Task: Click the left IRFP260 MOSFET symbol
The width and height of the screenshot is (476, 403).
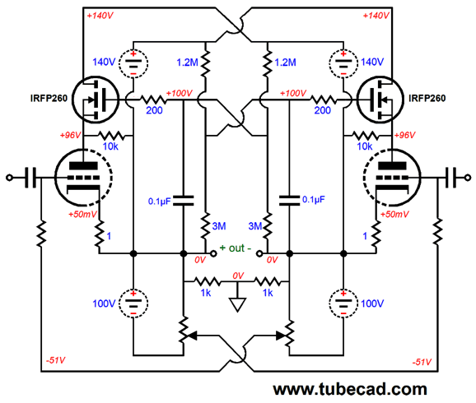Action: [96, 100]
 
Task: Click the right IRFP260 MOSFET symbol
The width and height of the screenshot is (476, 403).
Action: [380, 100]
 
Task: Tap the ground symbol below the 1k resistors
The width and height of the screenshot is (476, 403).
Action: [237, 304]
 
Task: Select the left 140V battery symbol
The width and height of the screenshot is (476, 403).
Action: [133, 63]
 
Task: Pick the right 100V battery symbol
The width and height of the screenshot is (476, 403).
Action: [343, 303]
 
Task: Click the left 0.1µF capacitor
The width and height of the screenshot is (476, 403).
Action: [184, 201]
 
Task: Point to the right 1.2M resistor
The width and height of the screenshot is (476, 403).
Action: [268, 64]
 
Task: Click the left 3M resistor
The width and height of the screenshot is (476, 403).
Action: [206, 226]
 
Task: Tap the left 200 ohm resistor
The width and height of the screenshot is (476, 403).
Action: [152, 100]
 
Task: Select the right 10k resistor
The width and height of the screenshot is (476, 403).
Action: [365, 136]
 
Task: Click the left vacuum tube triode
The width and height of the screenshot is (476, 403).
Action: [83, 178]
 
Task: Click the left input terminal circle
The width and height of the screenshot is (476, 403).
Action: [9, 178]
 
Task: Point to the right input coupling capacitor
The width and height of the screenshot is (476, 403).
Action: [450, 178]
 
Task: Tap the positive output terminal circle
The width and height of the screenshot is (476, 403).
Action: [213, 253]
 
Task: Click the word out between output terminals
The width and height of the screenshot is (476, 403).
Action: [237, 248]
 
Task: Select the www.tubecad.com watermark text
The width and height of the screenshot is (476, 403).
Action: [350, 389]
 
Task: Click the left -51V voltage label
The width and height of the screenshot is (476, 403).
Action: [55, 360]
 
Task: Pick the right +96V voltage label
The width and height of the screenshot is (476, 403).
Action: [404, 135]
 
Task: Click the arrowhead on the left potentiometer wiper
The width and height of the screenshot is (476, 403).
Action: [193, 336]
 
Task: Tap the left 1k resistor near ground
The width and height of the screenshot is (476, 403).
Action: [208, 282]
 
